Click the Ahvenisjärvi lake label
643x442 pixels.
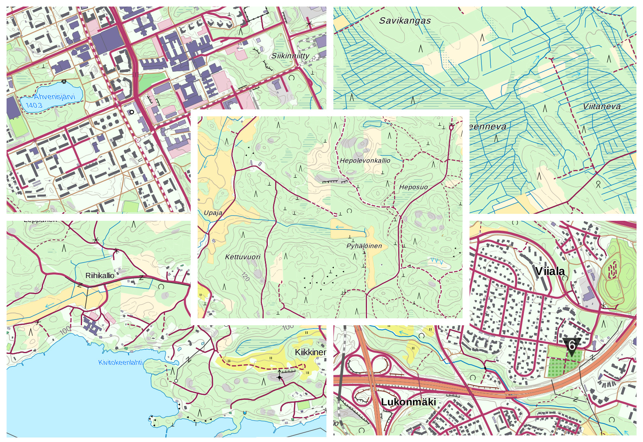pyautogui.click(x=55, y=97)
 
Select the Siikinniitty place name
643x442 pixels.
pyautogui.click(x=290, y=56)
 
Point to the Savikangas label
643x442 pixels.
pyautogui.click(x=405, y=21)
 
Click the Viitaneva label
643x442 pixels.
pyautogui.click(x=602, y=107)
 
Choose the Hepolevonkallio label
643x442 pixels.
pyautogui.click(x=365, y=161)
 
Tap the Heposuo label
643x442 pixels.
pyautogui.click(x=413, y=187)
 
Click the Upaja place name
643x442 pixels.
pyautogui.click(x=213, y=213)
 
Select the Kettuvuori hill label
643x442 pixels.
pyautogui.click(x=243, y=257)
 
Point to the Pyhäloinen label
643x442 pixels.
pyautogui.click(x=364, y=246)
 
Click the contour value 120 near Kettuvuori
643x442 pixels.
pyautogui.click(x=245, y=277)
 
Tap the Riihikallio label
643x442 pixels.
pyautogui.click(x=100, y=276)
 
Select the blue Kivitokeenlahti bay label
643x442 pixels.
pyautogui.click(x=120, y=363)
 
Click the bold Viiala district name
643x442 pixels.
pyautogui.click(x=550, y=271)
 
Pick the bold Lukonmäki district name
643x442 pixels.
pyautogui.click(x=408, y=402)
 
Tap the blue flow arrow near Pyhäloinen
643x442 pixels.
pyautogui.click(x=340, y=227)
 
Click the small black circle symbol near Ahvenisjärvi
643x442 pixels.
pyautogui.click(x=131, y=112)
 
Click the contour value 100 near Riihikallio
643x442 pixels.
pyautogui.click(x=66, y=329)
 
